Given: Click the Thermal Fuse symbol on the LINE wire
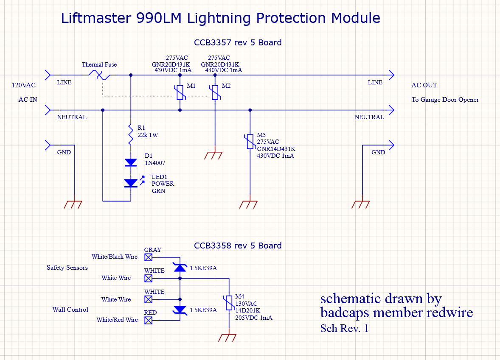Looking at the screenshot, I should [x=100, y=75].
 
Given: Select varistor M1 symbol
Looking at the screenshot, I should [x=180, y=92].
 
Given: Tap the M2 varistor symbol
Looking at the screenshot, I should [x=215, y=92].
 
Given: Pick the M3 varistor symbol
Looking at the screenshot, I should [x=250, y=142].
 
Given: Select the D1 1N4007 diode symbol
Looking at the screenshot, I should [x=131, y=162].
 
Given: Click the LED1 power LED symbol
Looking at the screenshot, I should [x=131, y=183].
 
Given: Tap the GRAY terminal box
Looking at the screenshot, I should [x=148, y=257].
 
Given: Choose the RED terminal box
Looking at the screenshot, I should [x=148, y=320].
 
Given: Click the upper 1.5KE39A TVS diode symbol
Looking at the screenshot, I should [x=180, y=267].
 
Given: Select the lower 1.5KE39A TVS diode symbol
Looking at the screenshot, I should [x=180, y=310].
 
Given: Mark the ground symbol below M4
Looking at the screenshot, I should [x=229, y=338].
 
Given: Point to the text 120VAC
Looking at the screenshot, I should [x=23, y=85].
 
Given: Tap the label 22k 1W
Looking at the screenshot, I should [x=148, y=135].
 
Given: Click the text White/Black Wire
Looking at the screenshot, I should [x=115, y=257].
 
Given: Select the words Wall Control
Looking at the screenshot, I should [x=70, y=310].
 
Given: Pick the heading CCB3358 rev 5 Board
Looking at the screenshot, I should [x=238, y=246].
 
